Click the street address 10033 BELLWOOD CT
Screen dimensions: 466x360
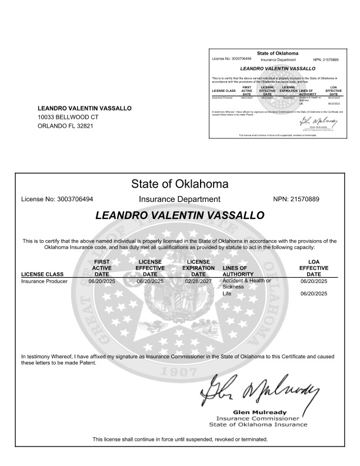tap(68, 117)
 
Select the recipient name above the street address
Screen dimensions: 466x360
tap(85, 108)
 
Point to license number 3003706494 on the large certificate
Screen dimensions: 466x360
tap(76, 199)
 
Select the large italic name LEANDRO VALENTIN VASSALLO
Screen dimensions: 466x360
tap(179, 216)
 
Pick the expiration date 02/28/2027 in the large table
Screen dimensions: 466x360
tap(199, 282)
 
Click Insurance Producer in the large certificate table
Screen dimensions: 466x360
tap(45, 282)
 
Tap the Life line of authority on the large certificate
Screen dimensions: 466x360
tap(228, 293)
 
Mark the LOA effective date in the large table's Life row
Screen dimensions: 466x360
tap(314, 293)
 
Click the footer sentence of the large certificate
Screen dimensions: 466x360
tap(179, 440)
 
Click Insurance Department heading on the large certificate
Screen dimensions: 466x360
tap(179, 199)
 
